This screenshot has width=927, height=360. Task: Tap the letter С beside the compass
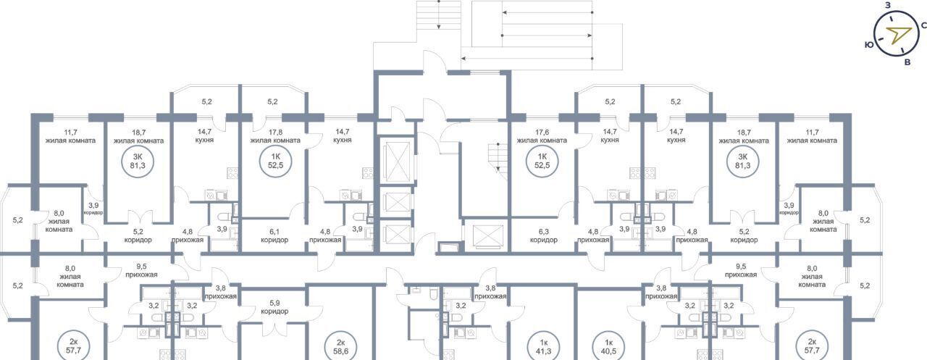(923, 25)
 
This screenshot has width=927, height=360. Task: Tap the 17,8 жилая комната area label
(274, 136)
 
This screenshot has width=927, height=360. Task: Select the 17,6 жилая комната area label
(542, 136)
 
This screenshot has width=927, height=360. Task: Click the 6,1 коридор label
(274, 236)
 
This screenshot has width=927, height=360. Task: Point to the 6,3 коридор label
(543, 236)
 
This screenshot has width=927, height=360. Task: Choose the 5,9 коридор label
(274, 307)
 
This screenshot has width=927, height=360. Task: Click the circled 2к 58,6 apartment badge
(340, 347)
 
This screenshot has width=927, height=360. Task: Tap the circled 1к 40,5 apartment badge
(608, 347)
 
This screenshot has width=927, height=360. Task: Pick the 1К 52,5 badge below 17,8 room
(275, 162)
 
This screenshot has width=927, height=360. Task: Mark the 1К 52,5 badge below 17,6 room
(542, 162)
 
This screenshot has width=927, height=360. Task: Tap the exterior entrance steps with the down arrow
(439, 15)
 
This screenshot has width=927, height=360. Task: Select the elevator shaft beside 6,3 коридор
(488, 237)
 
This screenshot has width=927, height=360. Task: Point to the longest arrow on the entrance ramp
(527, 59)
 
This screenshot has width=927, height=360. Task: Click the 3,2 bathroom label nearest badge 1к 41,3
(461, 306)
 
